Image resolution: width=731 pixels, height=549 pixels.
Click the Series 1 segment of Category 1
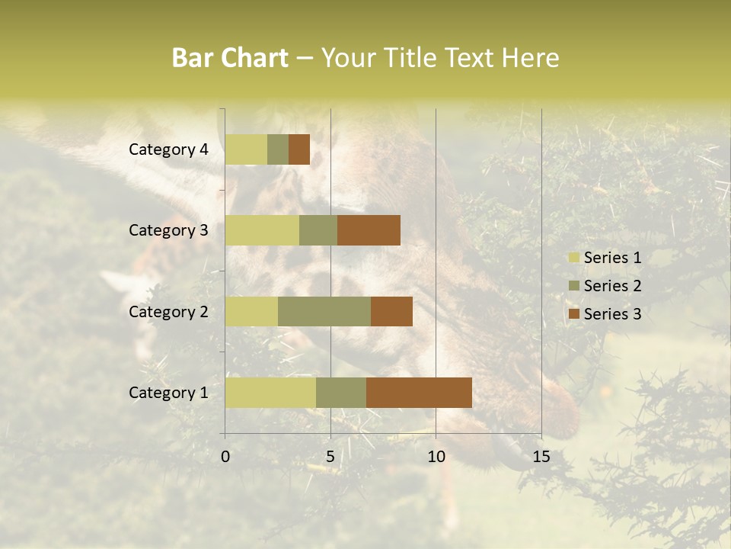coord(270,392)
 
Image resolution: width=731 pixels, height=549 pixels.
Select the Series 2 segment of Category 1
coord(341,392)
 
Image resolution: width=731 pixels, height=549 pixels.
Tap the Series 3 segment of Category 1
coord(419,392)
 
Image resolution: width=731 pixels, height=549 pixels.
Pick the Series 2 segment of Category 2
coord(324,311)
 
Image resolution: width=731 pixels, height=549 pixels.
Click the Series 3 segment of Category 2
coord(391,311)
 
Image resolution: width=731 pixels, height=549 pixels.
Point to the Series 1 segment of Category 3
coord(262,230)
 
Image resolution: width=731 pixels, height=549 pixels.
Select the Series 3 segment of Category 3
coord(369,230)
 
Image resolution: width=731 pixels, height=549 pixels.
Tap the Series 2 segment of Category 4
coord(278,149)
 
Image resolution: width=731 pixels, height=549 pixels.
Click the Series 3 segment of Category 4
coord(299,149)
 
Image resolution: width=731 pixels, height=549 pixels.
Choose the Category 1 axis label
coord(168,393)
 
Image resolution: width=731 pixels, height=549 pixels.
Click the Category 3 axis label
coord(168,230)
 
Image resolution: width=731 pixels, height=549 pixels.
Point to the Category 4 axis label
coord(168,149)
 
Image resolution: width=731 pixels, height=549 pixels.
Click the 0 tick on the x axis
coord(225,457)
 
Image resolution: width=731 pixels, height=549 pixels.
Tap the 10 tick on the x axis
coord(436,457)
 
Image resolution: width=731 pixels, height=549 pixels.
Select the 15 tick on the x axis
coord(541,457)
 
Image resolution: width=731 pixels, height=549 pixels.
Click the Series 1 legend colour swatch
coord(573,258)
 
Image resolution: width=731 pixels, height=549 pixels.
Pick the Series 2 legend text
coord(612,286)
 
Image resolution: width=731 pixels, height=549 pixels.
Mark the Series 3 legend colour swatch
coord(573,314)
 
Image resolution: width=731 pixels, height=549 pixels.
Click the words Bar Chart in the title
coord(230,58)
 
